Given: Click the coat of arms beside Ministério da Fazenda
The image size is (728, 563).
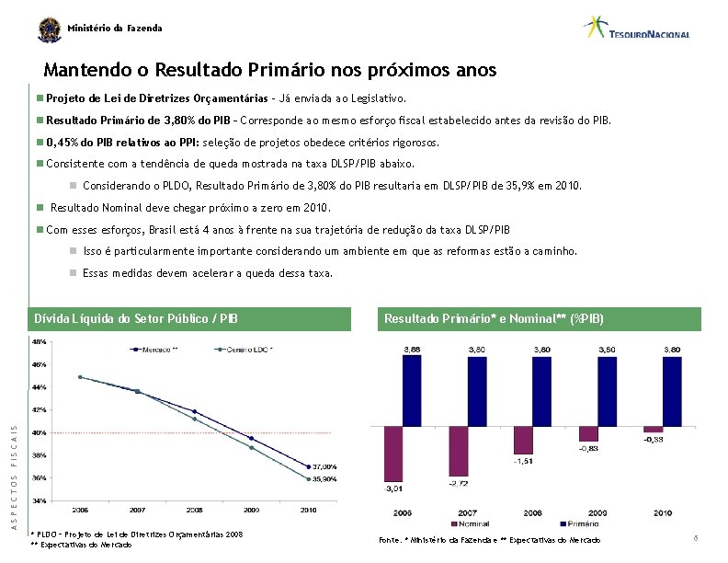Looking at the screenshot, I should [x=48, y=29].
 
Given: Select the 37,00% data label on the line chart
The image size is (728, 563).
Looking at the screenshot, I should [x=324, y=466].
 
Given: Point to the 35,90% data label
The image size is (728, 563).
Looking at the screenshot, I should [x=324, y=479].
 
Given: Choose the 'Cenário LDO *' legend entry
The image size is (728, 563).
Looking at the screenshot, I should [x=245, y=349].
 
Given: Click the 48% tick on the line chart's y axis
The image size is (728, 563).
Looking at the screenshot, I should [x=40, y=341].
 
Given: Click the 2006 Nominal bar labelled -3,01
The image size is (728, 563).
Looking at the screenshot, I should [x=393, y=454].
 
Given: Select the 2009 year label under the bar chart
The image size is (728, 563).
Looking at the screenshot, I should [x=597, y=512].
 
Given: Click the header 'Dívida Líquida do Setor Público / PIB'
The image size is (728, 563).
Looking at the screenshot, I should [x=136, y=319].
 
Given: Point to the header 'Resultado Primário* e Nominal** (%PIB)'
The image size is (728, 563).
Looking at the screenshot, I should [x=494, y=319].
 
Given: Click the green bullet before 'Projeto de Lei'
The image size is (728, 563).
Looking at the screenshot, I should [x=40, y=97].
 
